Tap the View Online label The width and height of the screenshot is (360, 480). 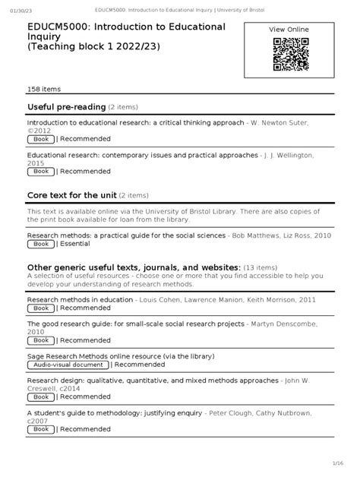point(289,29)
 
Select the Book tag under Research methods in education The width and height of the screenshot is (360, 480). point(40,309)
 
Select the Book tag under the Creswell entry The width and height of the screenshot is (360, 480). point(40,397)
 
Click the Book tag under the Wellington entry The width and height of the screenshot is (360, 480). point(40,172)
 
